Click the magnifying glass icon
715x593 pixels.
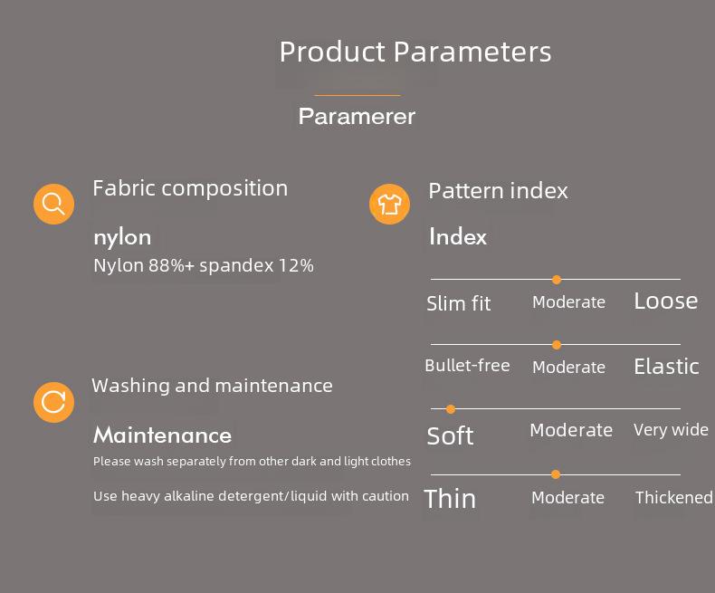53,204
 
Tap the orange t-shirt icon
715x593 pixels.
389,204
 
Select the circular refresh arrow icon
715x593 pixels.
53,402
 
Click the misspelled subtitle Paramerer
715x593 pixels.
357,116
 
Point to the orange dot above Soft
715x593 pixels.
451,409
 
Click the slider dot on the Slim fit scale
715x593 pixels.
557,280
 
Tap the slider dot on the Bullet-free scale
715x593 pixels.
557,345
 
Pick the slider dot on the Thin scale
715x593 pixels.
556,474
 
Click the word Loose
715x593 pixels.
666,301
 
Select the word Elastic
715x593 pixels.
666,367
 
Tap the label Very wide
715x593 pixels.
671,430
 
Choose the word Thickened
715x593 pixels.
674,497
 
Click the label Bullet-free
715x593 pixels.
467,366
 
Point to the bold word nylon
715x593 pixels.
122,238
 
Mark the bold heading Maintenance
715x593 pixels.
162,435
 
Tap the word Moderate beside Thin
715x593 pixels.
567,497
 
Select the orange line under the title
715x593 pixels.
357,95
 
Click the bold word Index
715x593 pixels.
458,236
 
